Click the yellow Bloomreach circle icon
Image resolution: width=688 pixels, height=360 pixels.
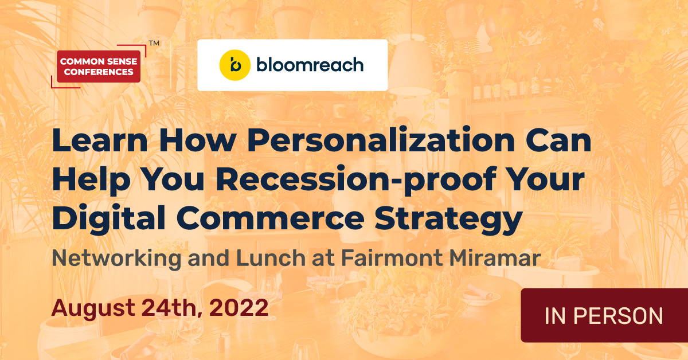click(234, 65)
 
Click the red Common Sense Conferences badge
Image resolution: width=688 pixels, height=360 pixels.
click(99, 66)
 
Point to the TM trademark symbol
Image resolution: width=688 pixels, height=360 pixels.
click(154, 43)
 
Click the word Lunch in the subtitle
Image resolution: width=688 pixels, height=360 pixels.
click(267, 259)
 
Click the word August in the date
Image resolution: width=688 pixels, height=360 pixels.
click(95, 308)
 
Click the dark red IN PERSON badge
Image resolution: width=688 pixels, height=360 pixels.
click(604, 316)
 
